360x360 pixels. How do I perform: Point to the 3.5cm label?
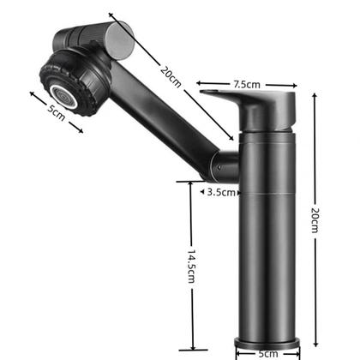(x=220, y=192)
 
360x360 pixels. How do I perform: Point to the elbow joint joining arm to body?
(x=225, y=163)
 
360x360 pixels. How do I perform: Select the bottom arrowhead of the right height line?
(x=315, y=339)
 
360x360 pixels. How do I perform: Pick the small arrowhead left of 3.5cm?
(x=202, y=192)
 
